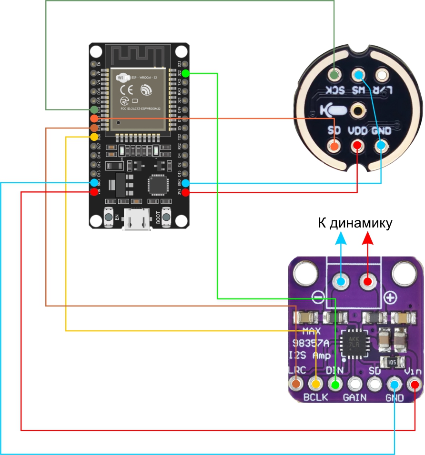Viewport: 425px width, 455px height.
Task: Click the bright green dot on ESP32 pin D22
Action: pos(185,73)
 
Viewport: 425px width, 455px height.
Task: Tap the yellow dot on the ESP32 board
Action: pos(94,137)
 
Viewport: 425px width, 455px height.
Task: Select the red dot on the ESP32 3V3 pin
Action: pos(185,192)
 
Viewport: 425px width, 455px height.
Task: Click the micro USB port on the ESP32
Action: pos(137,222)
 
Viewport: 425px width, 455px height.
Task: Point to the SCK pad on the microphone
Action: pos(335,75)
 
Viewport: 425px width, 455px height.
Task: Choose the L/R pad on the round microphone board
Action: pos(382,75)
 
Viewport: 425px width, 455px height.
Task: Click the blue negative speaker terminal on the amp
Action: pos(341,281)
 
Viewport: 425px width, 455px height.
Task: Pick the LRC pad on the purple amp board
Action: pos(296,384)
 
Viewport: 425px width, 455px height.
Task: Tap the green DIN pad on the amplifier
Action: pos(335,384)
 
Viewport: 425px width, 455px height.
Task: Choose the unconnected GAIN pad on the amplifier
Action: pos(355,384)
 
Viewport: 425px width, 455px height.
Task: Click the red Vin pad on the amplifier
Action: pos(415,384)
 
